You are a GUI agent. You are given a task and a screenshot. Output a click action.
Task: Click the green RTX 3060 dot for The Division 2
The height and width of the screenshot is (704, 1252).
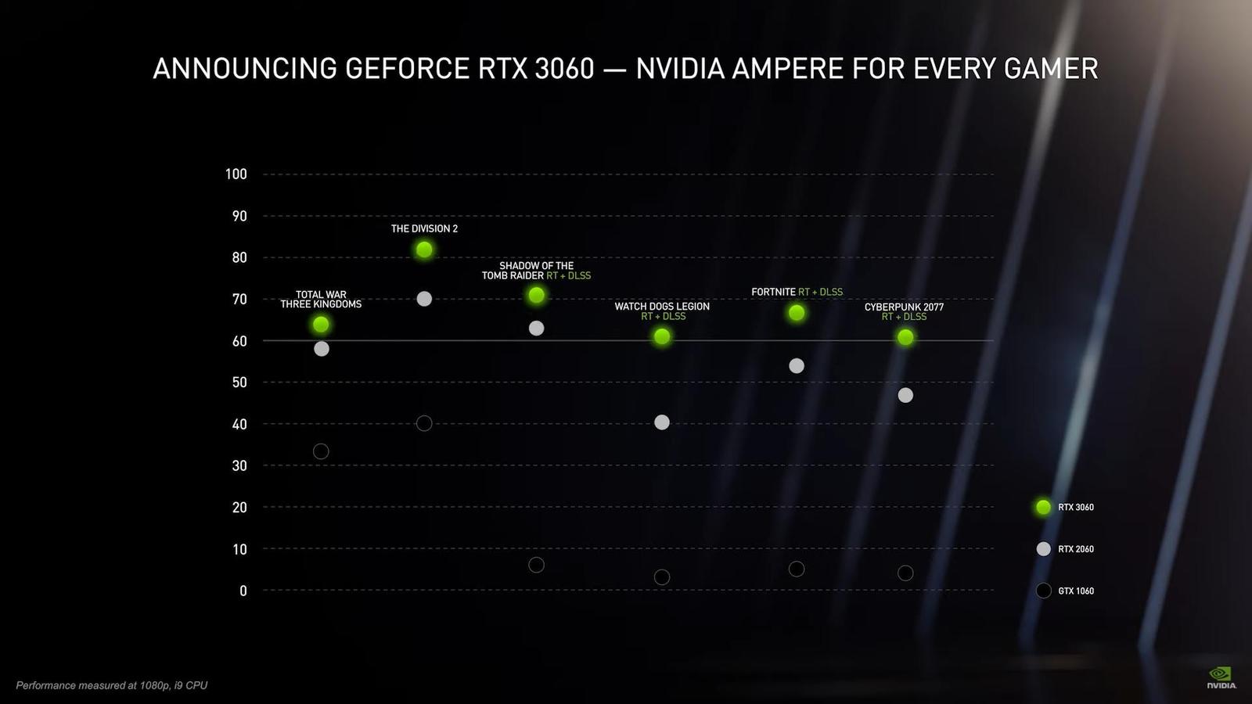[424, 250]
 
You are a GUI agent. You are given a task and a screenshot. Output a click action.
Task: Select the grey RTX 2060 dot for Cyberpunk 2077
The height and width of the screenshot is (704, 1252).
[905, 395]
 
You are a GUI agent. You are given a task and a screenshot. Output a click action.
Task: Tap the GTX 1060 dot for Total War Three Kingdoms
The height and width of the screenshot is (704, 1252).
[321, 451]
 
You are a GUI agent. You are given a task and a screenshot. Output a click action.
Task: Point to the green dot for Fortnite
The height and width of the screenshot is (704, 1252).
[797, 313]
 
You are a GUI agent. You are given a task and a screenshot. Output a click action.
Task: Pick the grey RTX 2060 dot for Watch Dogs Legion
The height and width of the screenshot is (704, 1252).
[662, 422]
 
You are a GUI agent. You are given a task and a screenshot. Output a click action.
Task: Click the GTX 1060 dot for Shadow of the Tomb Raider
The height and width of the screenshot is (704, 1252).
[536, 565]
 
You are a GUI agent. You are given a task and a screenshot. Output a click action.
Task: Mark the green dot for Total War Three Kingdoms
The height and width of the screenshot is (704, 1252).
[321, 324]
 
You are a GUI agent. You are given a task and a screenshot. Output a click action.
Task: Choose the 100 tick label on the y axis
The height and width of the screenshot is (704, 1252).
[236, 174]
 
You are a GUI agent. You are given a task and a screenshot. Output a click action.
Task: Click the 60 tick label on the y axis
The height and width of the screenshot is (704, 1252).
[239, 341]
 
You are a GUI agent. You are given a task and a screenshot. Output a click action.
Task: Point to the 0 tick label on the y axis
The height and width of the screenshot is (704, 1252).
[243, 591]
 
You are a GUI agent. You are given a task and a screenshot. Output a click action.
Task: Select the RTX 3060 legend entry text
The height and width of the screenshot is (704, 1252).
[1076, 508]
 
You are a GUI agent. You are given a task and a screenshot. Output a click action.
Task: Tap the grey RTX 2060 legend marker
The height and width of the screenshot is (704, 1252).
[1043, 549]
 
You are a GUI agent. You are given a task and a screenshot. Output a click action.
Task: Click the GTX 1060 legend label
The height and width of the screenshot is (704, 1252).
[1076, 591]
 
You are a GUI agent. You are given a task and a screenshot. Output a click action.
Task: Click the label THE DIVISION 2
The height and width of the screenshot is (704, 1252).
[424, 228]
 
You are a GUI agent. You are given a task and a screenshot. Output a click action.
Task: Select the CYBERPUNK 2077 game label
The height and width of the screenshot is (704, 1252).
[904, 307]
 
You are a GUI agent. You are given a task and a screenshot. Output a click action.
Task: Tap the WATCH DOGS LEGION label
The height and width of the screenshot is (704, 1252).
[662, 306]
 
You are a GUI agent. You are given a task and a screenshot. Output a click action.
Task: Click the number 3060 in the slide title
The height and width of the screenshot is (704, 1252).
[564, 69]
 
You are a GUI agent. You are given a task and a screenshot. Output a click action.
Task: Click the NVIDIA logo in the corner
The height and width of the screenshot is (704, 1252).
[1221, 677]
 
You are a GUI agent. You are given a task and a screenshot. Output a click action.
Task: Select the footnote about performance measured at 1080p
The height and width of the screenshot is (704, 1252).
[112, 685]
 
